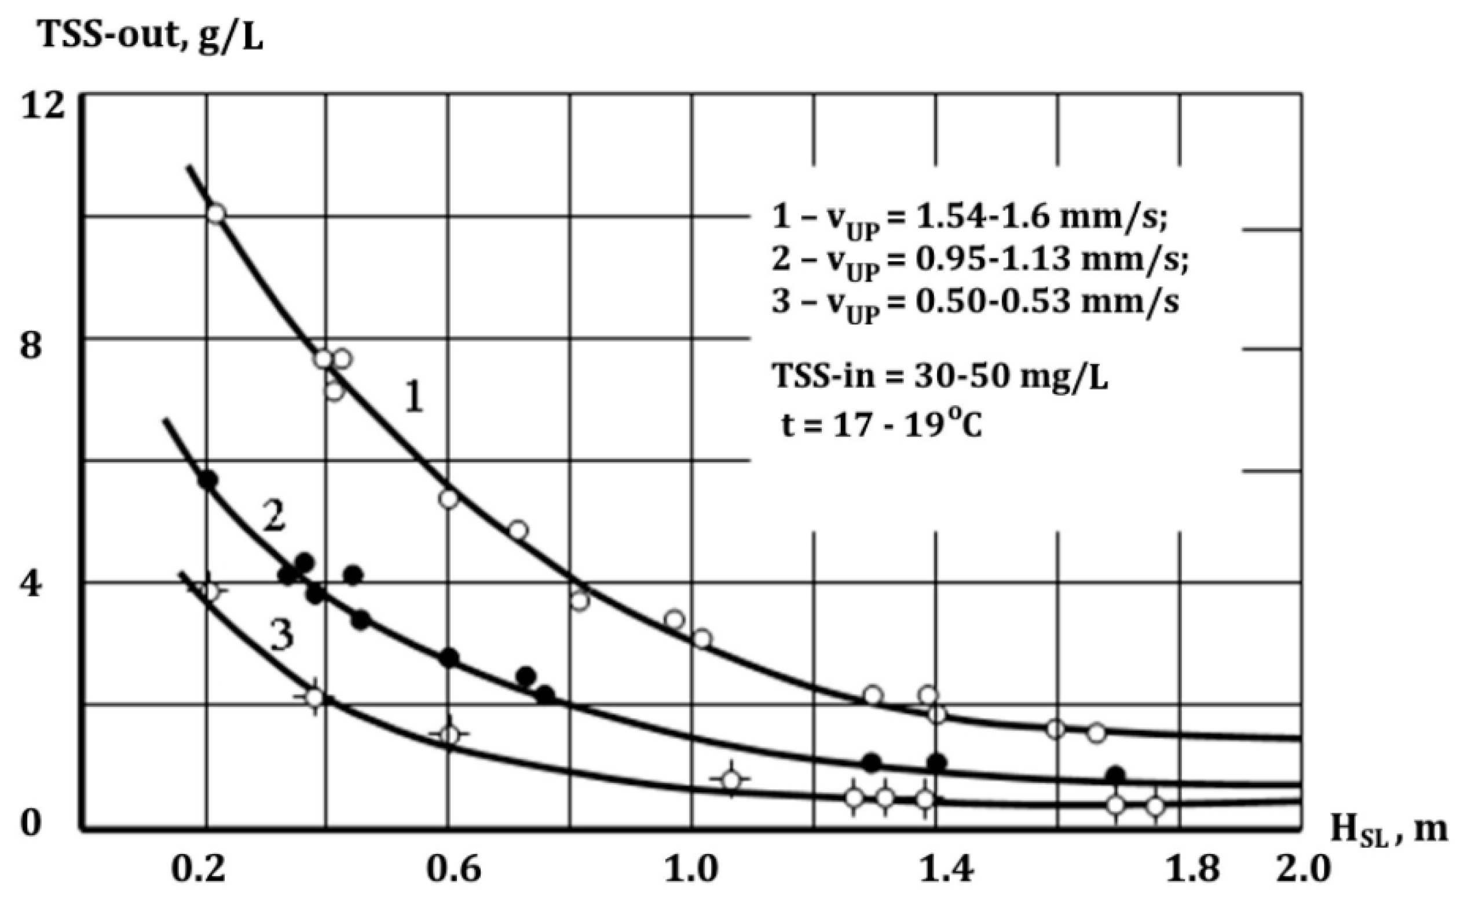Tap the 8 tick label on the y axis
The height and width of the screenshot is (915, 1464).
pos(31,346)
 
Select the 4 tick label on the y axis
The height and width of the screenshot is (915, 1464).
pos(31,586)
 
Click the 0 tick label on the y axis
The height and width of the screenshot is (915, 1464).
pos(31,825)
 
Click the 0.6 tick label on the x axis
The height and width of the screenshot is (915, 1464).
pos(454,870)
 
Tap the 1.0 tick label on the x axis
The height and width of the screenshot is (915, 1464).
pos(693,870)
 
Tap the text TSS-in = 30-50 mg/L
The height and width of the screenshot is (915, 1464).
pos(940,377)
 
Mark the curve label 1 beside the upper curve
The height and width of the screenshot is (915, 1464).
pos(414,398)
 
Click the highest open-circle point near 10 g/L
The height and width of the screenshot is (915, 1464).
pos(217,214)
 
